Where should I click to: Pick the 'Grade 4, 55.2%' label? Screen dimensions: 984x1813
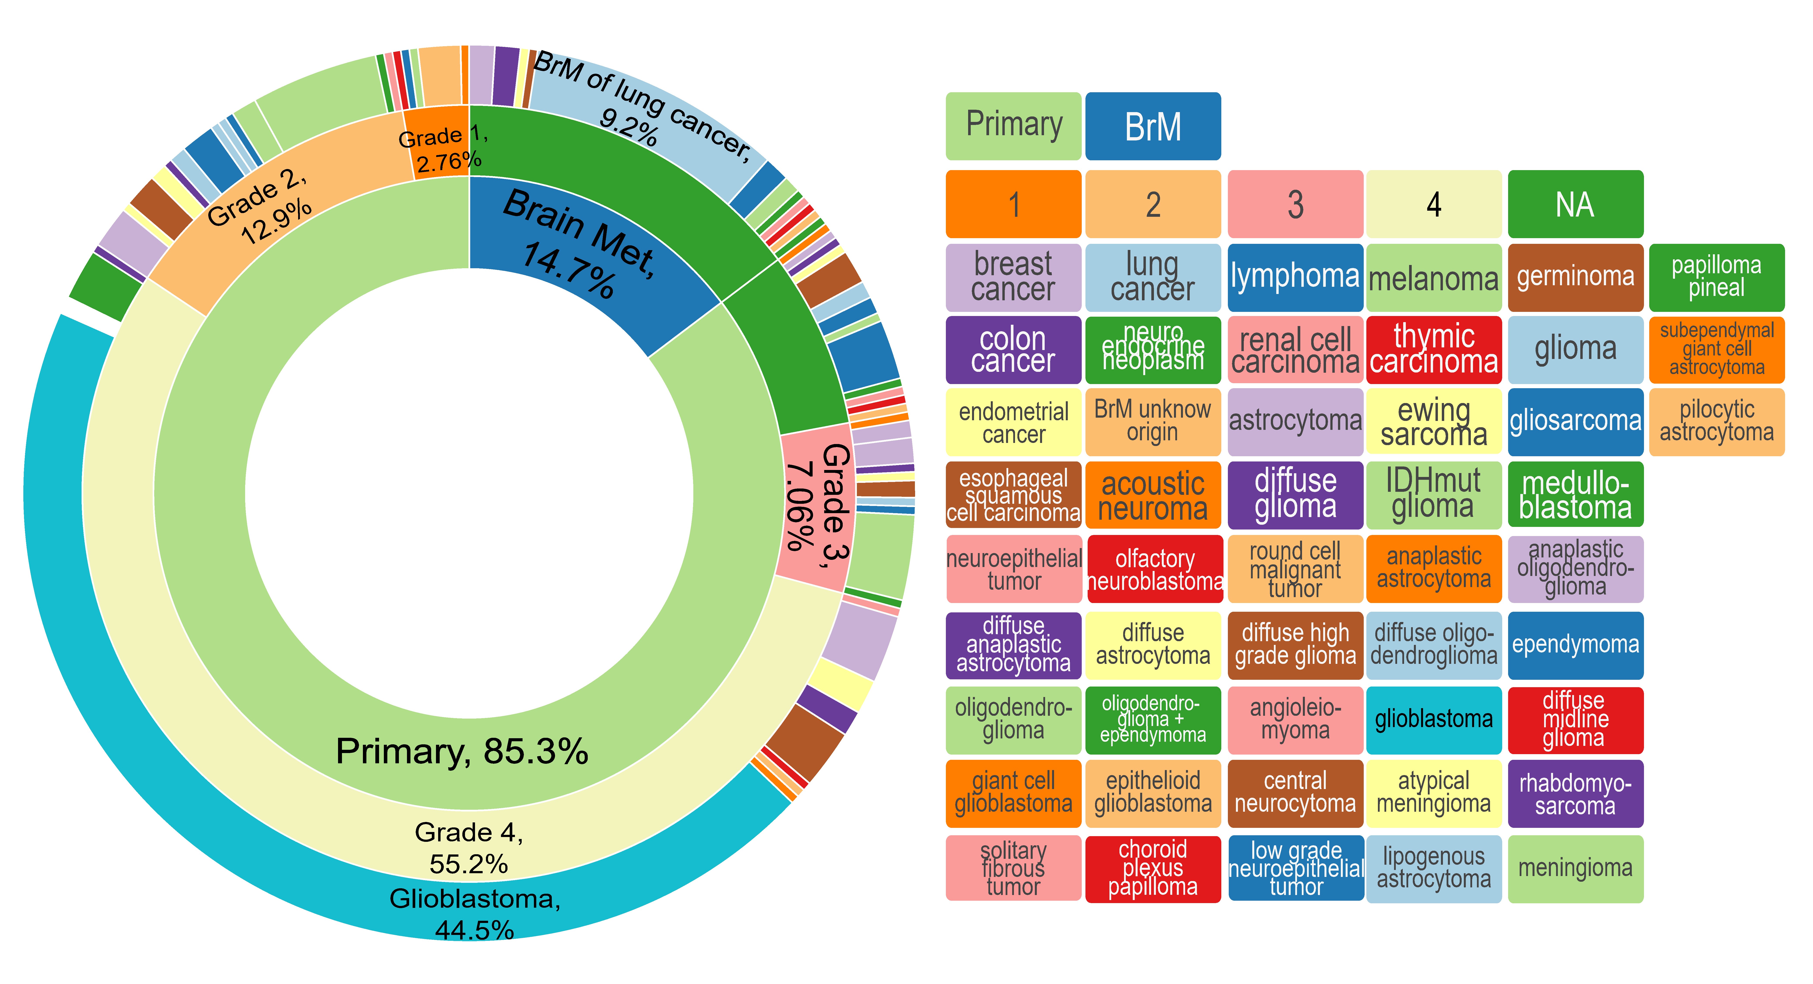pos(469,847)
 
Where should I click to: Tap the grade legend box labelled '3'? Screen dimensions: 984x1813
pos(1295,204)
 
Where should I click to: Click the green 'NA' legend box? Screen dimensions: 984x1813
pos(1575,204)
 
